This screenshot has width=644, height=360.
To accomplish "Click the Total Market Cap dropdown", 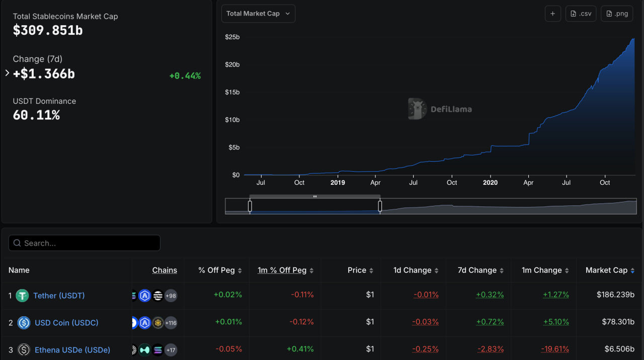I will point(258,14).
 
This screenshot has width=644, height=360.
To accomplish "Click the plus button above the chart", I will point(552,14).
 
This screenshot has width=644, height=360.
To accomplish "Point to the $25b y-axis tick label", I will point(232,37).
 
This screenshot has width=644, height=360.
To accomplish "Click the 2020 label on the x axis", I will point(490,183).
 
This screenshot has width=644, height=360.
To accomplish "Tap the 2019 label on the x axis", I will point(338,183).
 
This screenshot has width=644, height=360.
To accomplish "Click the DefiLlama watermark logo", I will point(417,109).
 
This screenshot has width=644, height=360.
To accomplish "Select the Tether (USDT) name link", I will point(59,296).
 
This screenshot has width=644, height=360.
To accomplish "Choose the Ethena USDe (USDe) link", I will point(72,350).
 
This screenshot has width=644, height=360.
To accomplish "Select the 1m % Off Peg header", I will point(282,270).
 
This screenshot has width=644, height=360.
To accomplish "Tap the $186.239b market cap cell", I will point(615,295).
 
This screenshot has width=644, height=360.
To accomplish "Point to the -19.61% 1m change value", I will point(555,349).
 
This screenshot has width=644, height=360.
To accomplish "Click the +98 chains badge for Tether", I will point(171,296).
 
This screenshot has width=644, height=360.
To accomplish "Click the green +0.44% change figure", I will point(185,76).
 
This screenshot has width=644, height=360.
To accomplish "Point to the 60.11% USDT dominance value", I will point(36,115).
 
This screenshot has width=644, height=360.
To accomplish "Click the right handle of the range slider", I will point(380,206).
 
